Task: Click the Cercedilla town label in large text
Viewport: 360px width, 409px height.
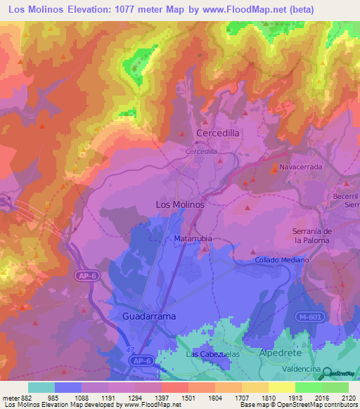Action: (x=219, y=133)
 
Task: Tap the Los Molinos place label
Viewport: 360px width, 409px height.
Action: (x=179, y=204)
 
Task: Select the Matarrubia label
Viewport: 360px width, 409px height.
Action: (x=193, y=239)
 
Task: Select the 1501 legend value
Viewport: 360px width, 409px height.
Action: (x=188, y=397)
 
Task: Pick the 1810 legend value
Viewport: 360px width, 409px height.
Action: (x=268, y=397)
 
